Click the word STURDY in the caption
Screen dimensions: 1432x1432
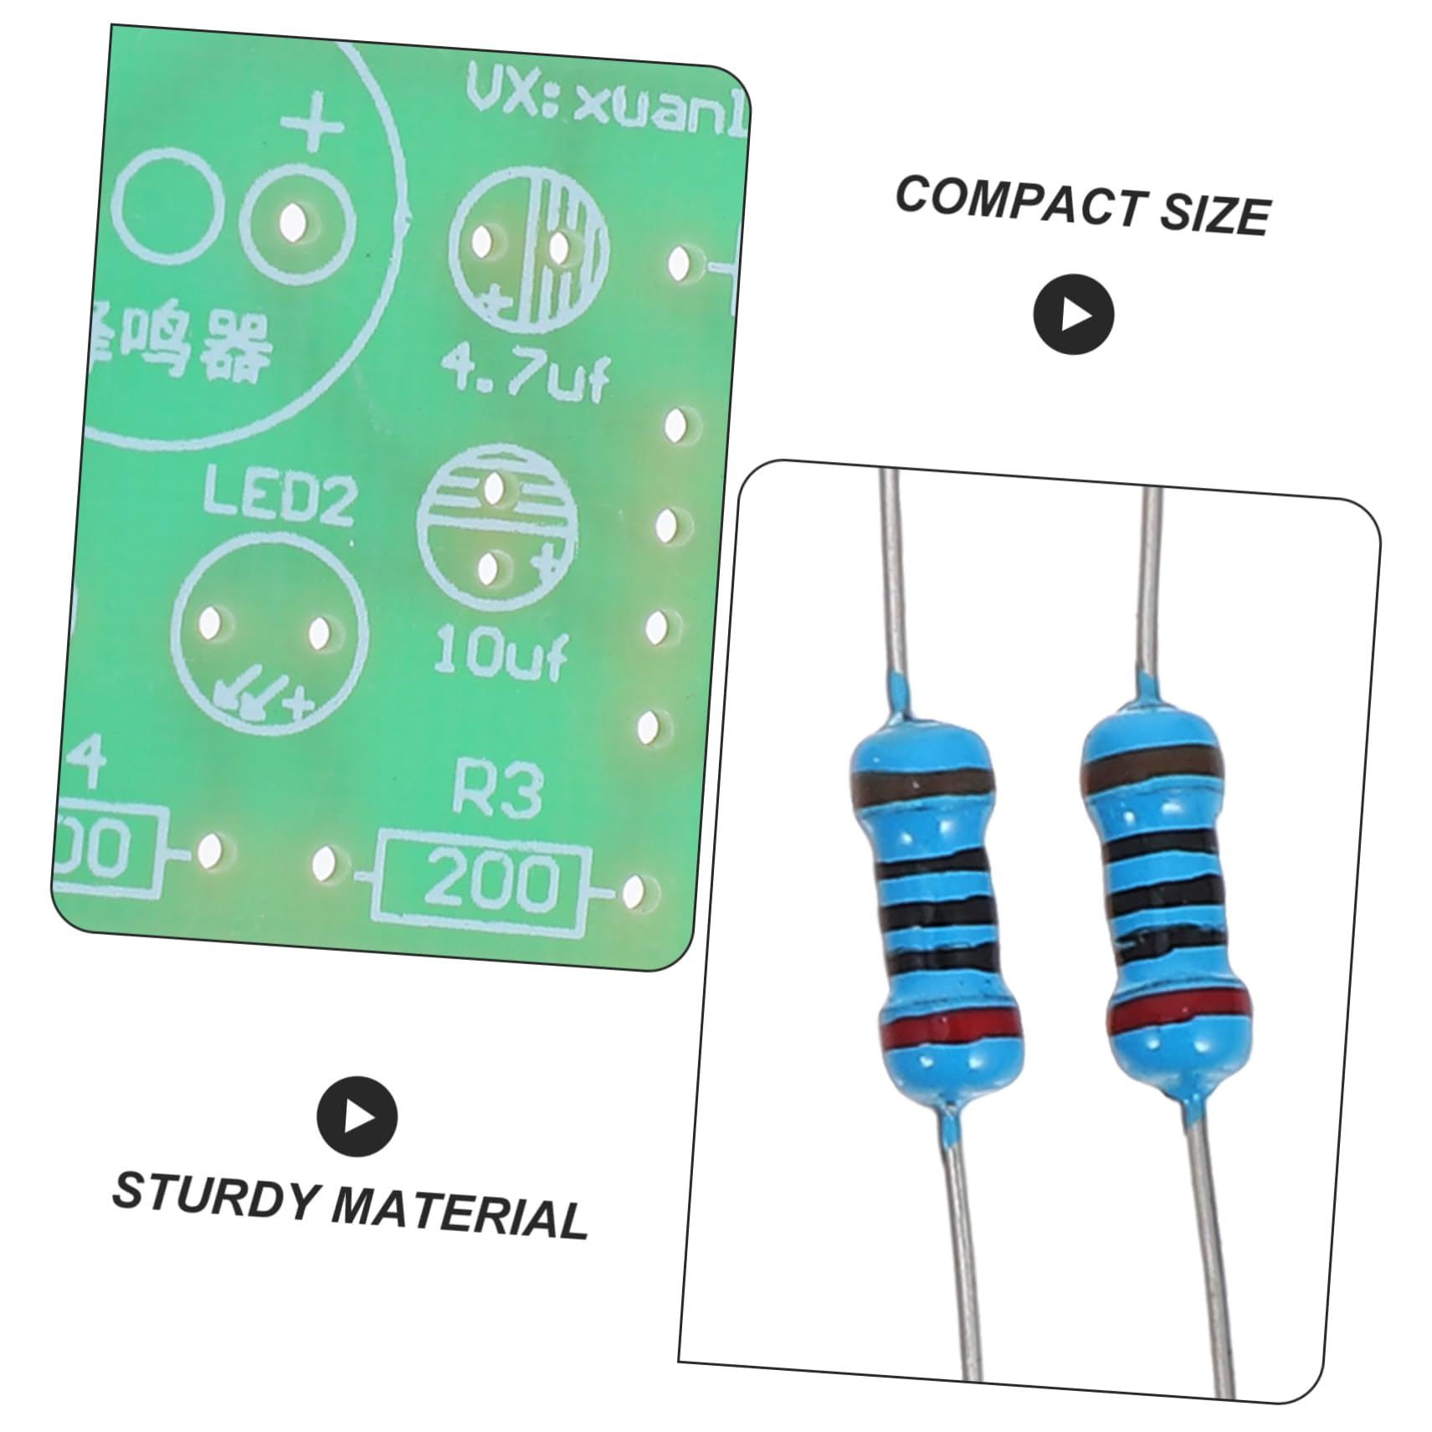point(213,1198)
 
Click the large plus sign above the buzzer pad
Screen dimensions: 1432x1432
point(313,130)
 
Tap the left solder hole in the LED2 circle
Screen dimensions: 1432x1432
point(210,624)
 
